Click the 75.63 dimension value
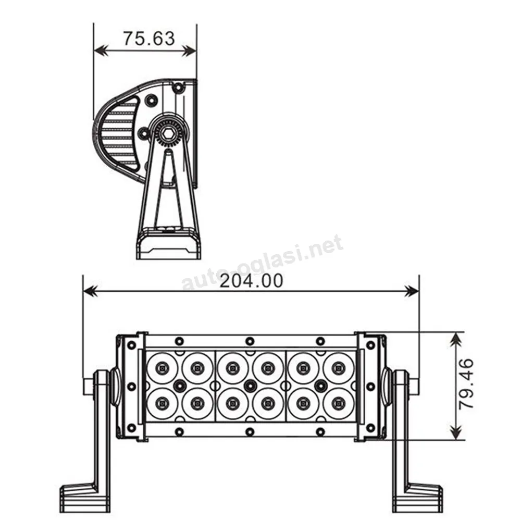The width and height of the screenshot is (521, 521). [149, 39]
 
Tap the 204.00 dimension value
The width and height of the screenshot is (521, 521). [251, 281]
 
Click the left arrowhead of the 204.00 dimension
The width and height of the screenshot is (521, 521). [90, 292]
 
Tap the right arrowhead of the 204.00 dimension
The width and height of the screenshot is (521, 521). [412, 292]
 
